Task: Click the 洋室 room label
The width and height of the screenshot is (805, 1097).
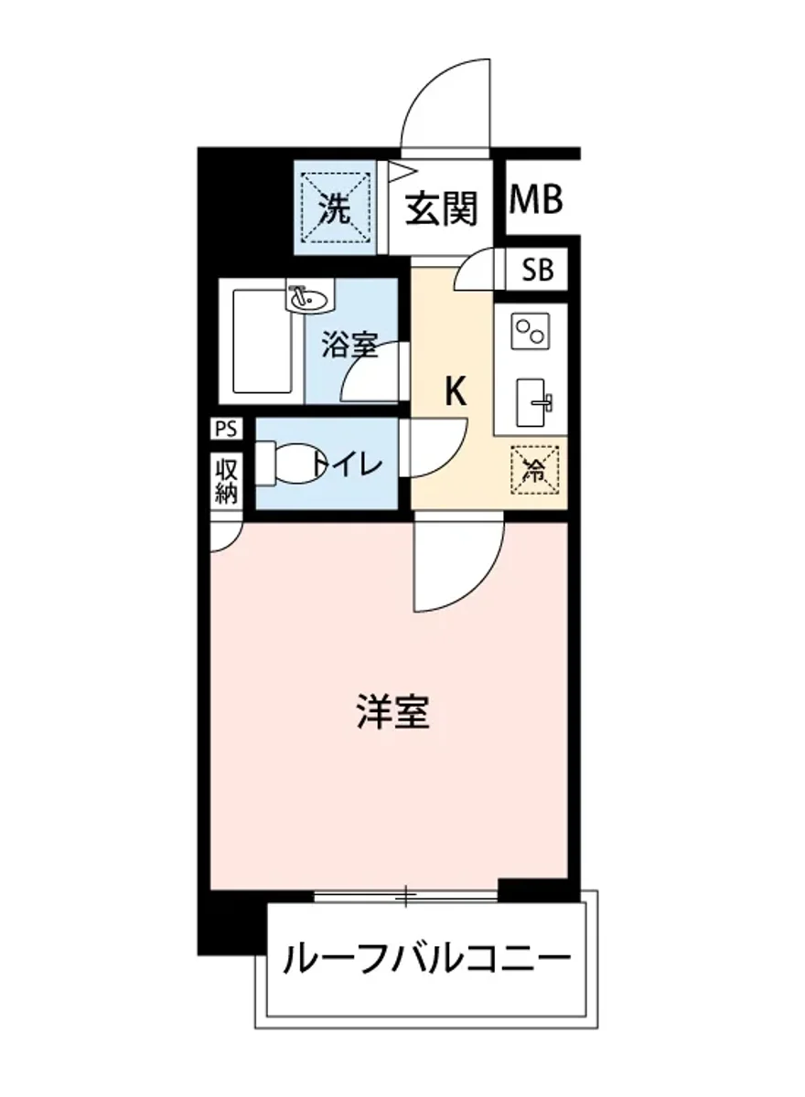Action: [x=392, y=712]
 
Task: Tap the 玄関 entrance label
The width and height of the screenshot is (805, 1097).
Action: [x=442, y=208]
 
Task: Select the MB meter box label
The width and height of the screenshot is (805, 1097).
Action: [x=535, y=200]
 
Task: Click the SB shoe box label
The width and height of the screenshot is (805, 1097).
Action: [x=538, y=271]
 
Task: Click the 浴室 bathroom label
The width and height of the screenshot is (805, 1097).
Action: [x=349, y=346]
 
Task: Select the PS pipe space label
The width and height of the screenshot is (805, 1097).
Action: [x=225, y=429]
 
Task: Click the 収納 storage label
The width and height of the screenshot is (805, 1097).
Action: [x=226, y=482]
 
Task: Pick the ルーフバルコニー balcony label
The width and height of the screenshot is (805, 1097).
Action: [x=427, y=960]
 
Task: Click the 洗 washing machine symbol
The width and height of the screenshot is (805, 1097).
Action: [x=335, y=210]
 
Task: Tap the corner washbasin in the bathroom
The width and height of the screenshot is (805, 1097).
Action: [x=307, y=297]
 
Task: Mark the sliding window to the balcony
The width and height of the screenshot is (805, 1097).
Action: [x=406, y=896]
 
